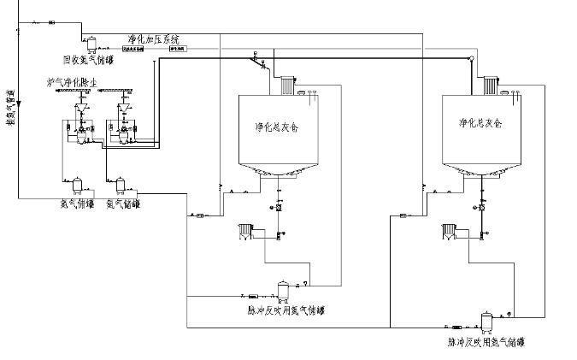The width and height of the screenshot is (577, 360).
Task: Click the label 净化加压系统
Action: click(155, 39)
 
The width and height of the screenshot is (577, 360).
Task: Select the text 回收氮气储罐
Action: click(88, 60)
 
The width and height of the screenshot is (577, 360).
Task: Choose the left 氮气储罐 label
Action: click(76, 204)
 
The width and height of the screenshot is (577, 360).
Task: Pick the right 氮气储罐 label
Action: click(123, 204)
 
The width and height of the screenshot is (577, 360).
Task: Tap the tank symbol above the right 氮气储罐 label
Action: click(120, 184)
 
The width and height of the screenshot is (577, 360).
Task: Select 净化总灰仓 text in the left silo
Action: click(273, 126)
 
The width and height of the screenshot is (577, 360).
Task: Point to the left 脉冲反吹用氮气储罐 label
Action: click(285, 310)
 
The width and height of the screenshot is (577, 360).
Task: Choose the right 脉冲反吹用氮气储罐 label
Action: click(486, 342)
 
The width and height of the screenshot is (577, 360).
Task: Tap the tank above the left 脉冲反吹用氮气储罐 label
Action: click(283, 289)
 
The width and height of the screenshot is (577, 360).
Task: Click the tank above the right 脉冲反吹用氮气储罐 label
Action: click(487, 321)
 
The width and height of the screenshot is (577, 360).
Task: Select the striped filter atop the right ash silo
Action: click(489, 86)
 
